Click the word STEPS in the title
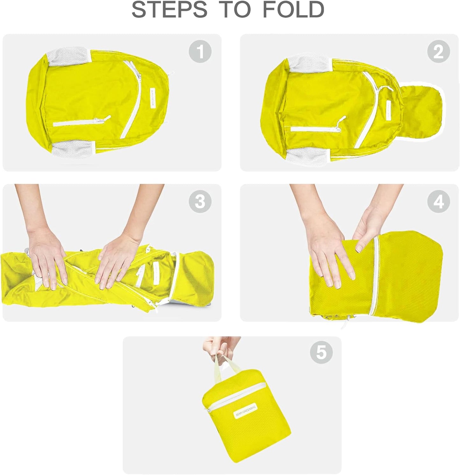[169, 10]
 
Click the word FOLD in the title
[293, 10]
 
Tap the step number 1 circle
[200, 51]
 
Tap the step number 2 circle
[438, 51]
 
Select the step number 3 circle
[200, 201]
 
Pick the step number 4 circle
[438, 201]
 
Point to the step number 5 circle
[321, 352]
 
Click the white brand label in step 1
[153, 99]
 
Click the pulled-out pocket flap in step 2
[420, 110]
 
